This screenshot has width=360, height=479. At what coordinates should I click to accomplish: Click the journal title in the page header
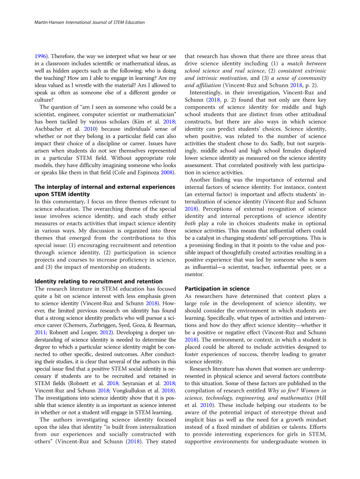pos(105,23)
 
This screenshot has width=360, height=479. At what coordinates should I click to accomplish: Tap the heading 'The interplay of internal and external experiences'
pos(105,187)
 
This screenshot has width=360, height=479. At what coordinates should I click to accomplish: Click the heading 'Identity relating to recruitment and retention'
pos(98,282)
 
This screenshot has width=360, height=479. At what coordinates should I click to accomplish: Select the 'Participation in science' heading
pos(217,289)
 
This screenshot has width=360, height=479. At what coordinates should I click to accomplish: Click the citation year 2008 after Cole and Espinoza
pos(168,173)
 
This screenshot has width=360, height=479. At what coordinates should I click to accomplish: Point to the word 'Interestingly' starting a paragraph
pos(207,92)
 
